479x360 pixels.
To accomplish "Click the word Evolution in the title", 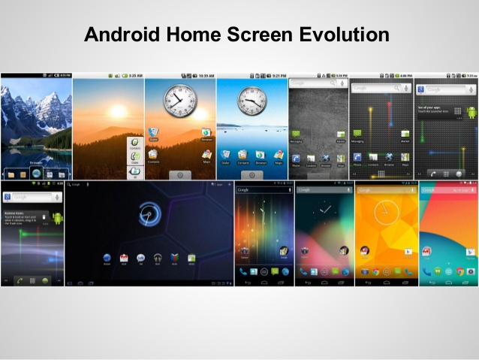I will click(337, 35).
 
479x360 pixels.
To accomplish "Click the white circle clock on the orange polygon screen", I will click(384, 212).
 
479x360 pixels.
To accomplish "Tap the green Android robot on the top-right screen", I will click(471, 113).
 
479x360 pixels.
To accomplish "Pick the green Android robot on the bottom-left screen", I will click(57, 218).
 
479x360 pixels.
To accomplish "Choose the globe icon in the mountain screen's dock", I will click(35, 174).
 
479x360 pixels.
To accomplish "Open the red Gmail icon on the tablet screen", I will click(123, 258).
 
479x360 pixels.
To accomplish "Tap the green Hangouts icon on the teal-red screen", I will click(437, 271).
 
